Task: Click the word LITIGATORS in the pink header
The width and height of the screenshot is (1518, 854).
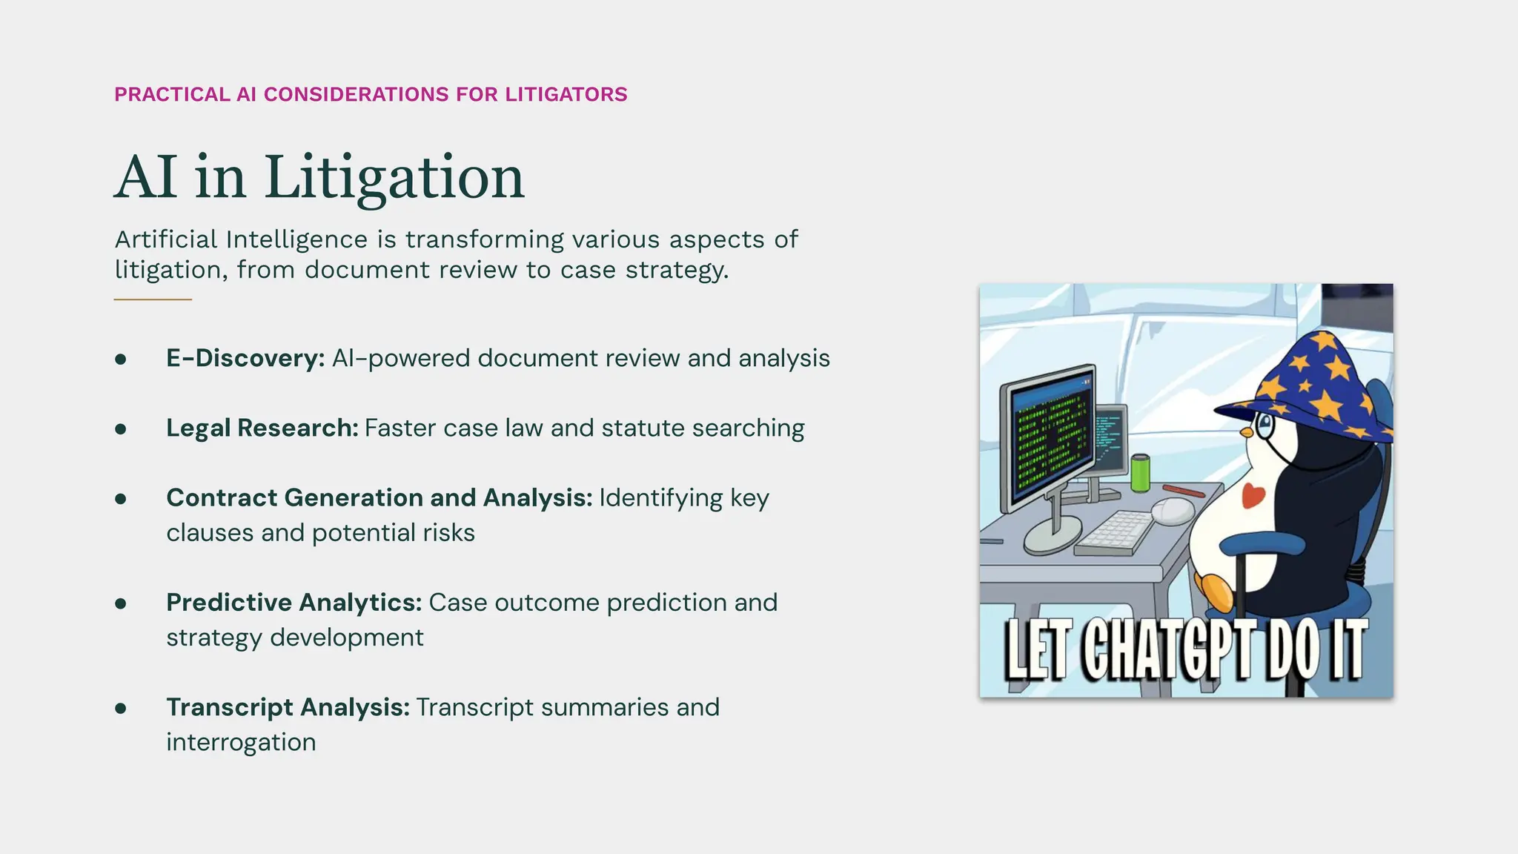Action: (x=566, y=95)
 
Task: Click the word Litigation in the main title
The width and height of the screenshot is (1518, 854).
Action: (x=394, y=178)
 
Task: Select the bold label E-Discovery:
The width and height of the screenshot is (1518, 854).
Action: (x=245, y=358)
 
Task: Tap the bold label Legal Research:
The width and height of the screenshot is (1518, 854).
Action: (x=262, y=428)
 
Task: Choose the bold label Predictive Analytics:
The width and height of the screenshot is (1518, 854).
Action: (x=294, y=603)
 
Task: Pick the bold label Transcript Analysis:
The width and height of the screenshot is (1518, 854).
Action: (x=288, y=707)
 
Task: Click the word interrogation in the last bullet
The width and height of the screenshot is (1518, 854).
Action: (x=241, y=742)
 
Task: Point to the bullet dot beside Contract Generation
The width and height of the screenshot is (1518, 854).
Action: (x=121, y=499)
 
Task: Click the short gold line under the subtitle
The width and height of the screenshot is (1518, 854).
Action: (x=153, y=299)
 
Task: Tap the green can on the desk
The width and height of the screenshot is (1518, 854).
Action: (x=1140, y=473)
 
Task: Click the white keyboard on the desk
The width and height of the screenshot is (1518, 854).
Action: (x=1114, y=532)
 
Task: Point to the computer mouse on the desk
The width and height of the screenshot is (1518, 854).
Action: (x=1173, y=510)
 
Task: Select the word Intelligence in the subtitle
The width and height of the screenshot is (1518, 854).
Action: (x=296, y=240)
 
